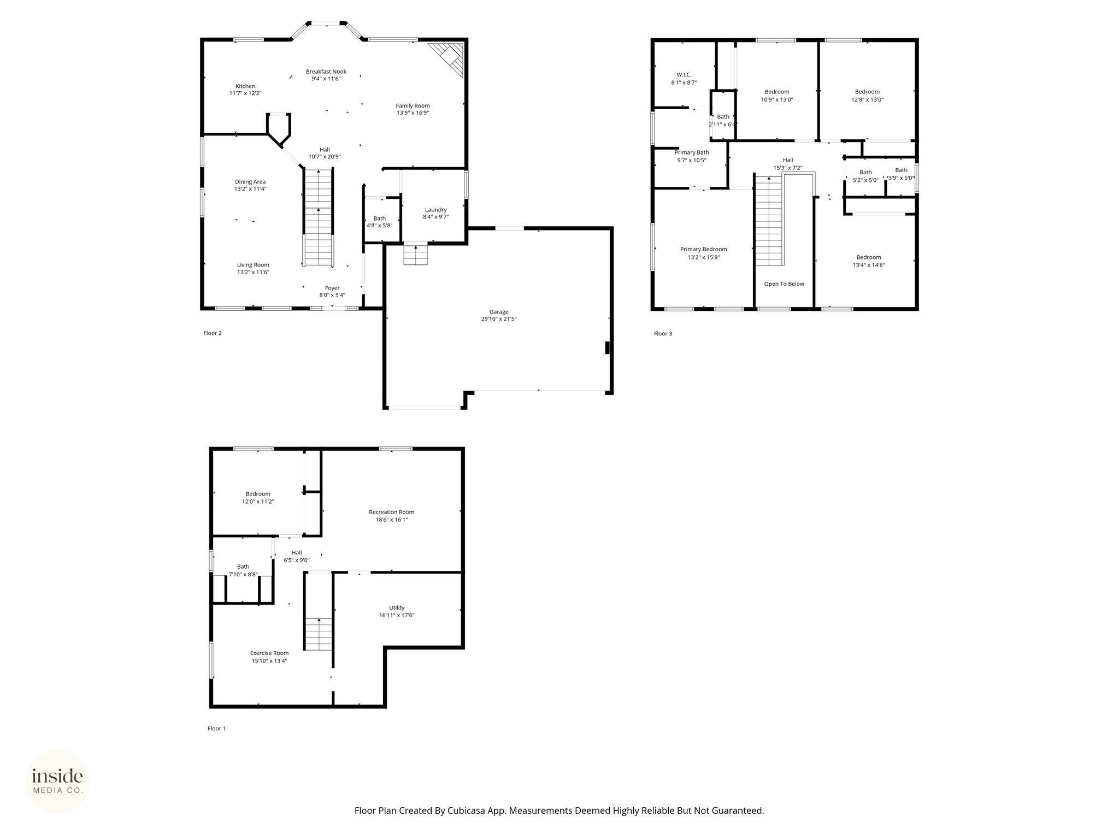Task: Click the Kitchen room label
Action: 245,86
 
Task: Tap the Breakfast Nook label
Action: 326,72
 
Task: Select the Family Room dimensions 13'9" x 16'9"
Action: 413,113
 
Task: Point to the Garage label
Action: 499,312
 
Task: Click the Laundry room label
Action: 436,210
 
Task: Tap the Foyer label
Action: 332,288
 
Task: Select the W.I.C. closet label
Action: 684,75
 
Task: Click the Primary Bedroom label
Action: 704,250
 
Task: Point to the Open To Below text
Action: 784,284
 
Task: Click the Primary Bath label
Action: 692,153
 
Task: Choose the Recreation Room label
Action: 392,512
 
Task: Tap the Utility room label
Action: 397,608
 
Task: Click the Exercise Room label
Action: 269,653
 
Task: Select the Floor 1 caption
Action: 216,729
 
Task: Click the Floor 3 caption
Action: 663,334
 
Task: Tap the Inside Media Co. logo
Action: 57,781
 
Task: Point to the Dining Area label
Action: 250,182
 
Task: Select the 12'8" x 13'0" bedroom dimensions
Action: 867,100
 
